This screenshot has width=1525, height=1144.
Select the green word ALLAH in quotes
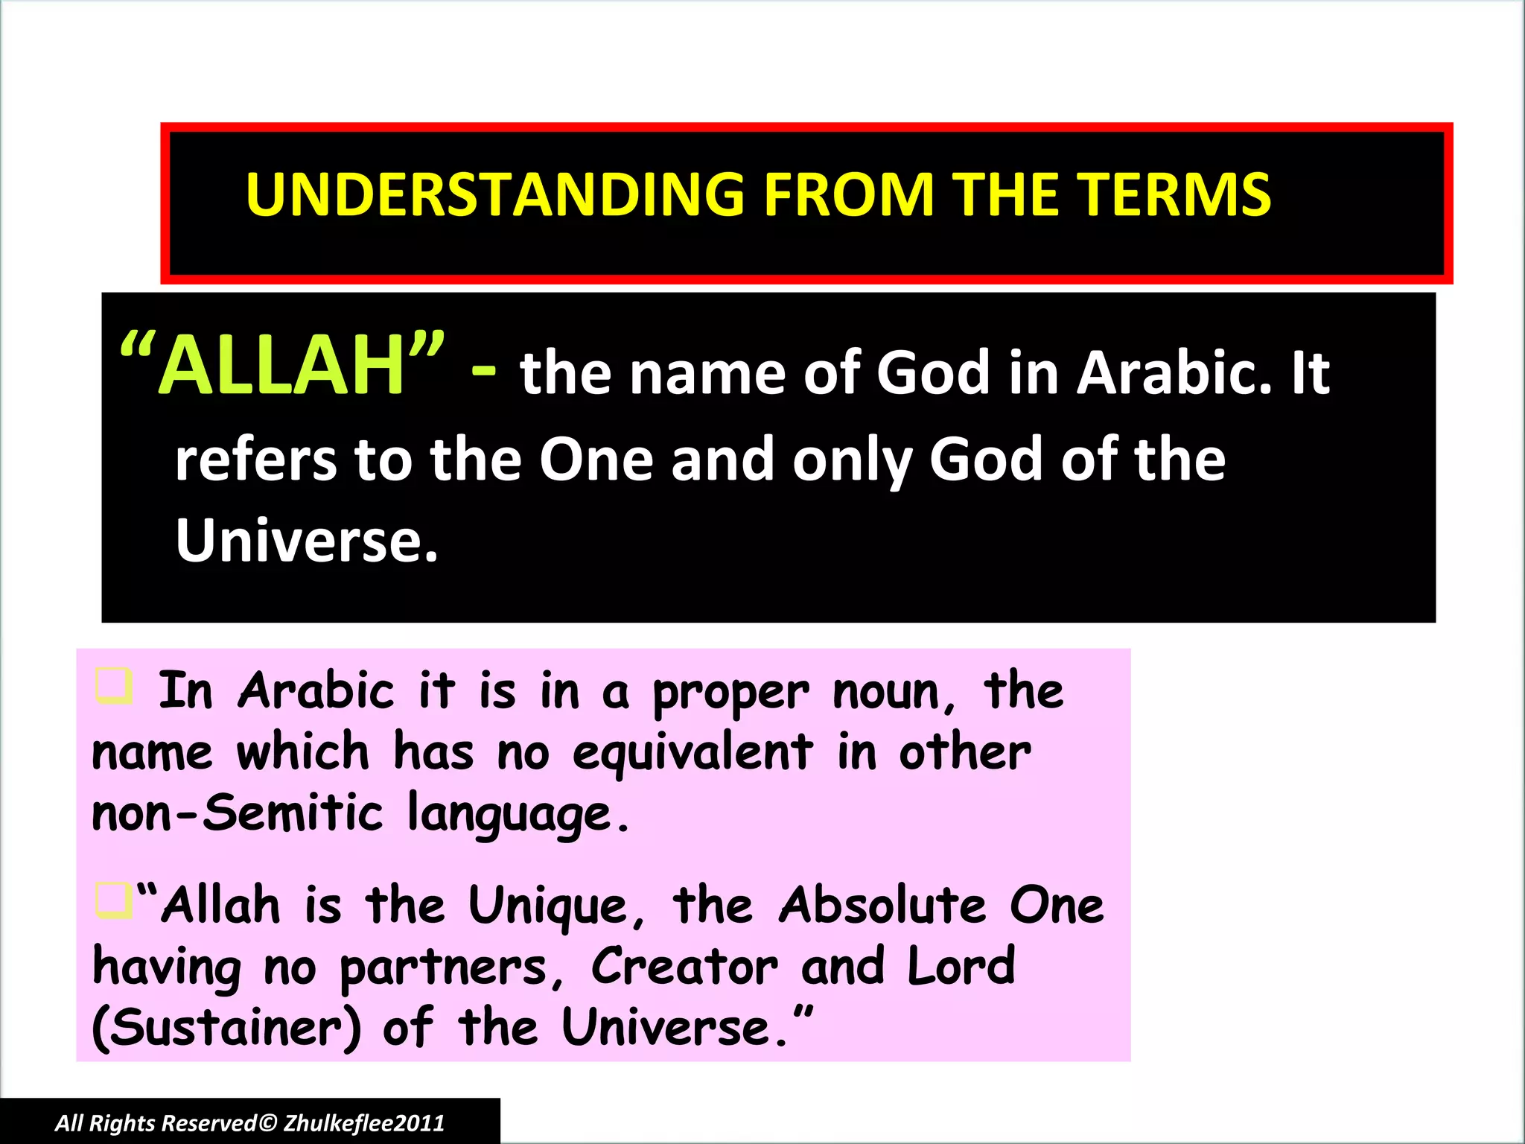[281, 366]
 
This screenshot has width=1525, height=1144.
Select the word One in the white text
[596, 460]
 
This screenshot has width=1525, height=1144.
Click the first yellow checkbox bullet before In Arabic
[114, 686]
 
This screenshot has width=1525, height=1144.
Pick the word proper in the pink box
[730, 694]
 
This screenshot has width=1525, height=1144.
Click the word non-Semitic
[237, 813]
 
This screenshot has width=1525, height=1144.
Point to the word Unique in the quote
[548, 908]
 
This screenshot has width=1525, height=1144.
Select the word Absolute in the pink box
[882, 906]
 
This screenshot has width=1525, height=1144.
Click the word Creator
[684, 967]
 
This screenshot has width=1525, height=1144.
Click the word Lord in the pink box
[961, 967]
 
